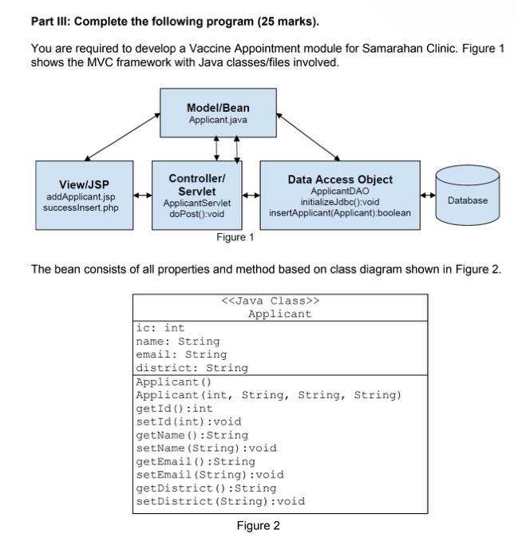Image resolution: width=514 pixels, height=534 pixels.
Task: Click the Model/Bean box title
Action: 218,108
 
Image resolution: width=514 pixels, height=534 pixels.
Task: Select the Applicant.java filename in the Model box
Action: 218,120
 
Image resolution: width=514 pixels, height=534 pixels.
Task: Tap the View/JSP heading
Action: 85,184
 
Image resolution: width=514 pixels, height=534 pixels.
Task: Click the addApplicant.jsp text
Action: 81,196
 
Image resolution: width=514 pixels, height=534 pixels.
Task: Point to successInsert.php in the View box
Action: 81,208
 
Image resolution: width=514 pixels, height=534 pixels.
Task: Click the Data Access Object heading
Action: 340,180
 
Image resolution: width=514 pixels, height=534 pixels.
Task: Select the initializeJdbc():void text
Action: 340,202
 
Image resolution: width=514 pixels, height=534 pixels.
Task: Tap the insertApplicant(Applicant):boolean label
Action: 340,213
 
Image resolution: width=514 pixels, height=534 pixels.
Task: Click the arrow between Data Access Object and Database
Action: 428,195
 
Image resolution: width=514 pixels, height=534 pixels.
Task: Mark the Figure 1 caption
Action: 235,237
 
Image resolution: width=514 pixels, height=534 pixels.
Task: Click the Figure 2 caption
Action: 258,525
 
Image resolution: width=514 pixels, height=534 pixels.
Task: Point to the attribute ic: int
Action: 160,328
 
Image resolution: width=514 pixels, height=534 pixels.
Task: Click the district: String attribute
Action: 192,368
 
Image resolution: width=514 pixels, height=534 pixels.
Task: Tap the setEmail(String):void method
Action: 210,474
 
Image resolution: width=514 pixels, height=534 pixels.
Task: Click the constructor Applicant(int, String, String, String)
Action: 268,395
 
